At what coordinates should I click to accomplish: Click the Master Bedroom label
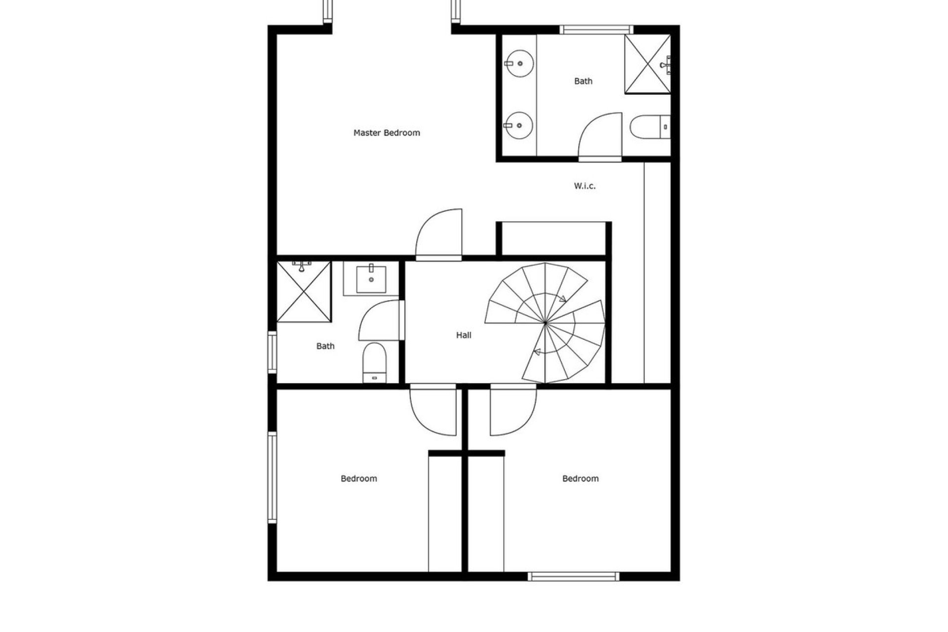tap(387, 133)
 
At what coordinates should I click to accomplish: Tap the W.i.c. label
tap(585, 186)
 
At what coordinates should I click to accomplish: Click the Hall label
tap(464, 335)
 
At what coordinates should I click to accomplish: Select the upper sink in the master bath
tap(520, 63)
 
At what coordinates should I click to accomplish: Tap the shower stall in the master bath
tap(647, 64)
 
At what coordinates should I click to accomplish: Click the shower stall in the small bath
tap(304, 292)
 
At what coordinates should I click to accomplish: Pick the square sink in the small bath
tap(371, 279)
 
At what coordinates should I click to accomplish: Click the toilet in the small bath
tap(374, 362)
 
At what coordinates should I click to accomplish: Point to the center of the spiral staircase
tap(545, 323)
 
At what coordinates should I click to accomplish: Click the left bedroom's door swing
tap(434, 411)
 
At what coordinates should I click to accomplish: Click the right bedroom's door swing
tap(513, 411)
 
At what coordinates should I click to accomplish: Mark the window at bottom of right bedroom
tap(573, 576)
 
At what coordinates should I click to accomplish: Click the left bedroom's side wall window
tap(272, 477)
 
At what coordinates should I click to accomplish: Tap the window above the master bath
tap(596, 30)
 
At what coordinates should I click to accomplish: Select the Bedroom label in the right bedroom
tap(580, 478)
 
